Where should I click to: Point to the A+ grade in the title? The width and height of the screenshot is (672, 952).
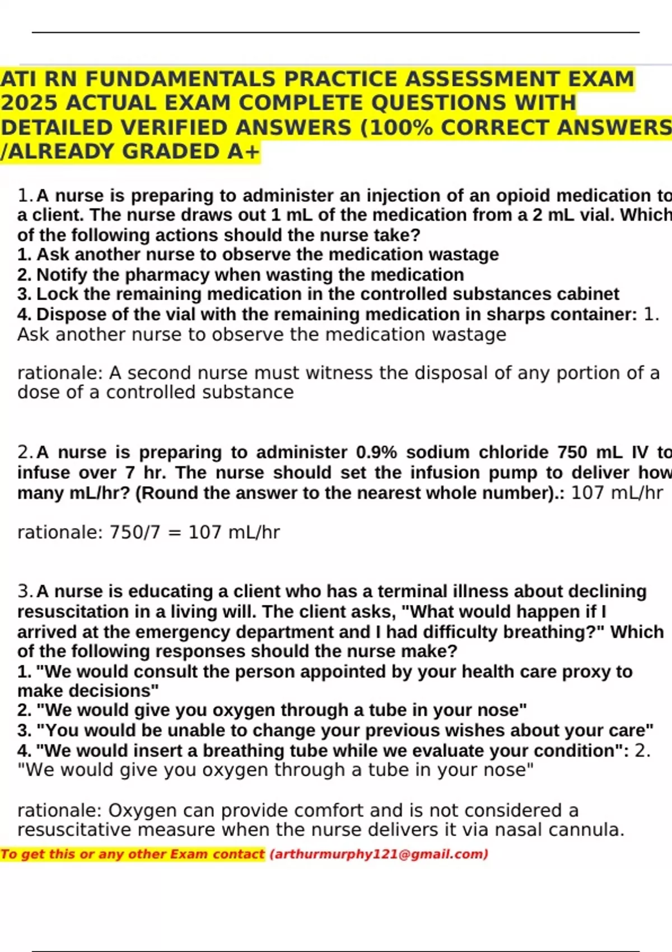pyautogui.click(x=244, y=152)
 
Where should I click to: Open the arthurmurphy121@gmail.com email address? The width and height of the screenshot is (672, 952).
pyautogui.click(x=379, y=854)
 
